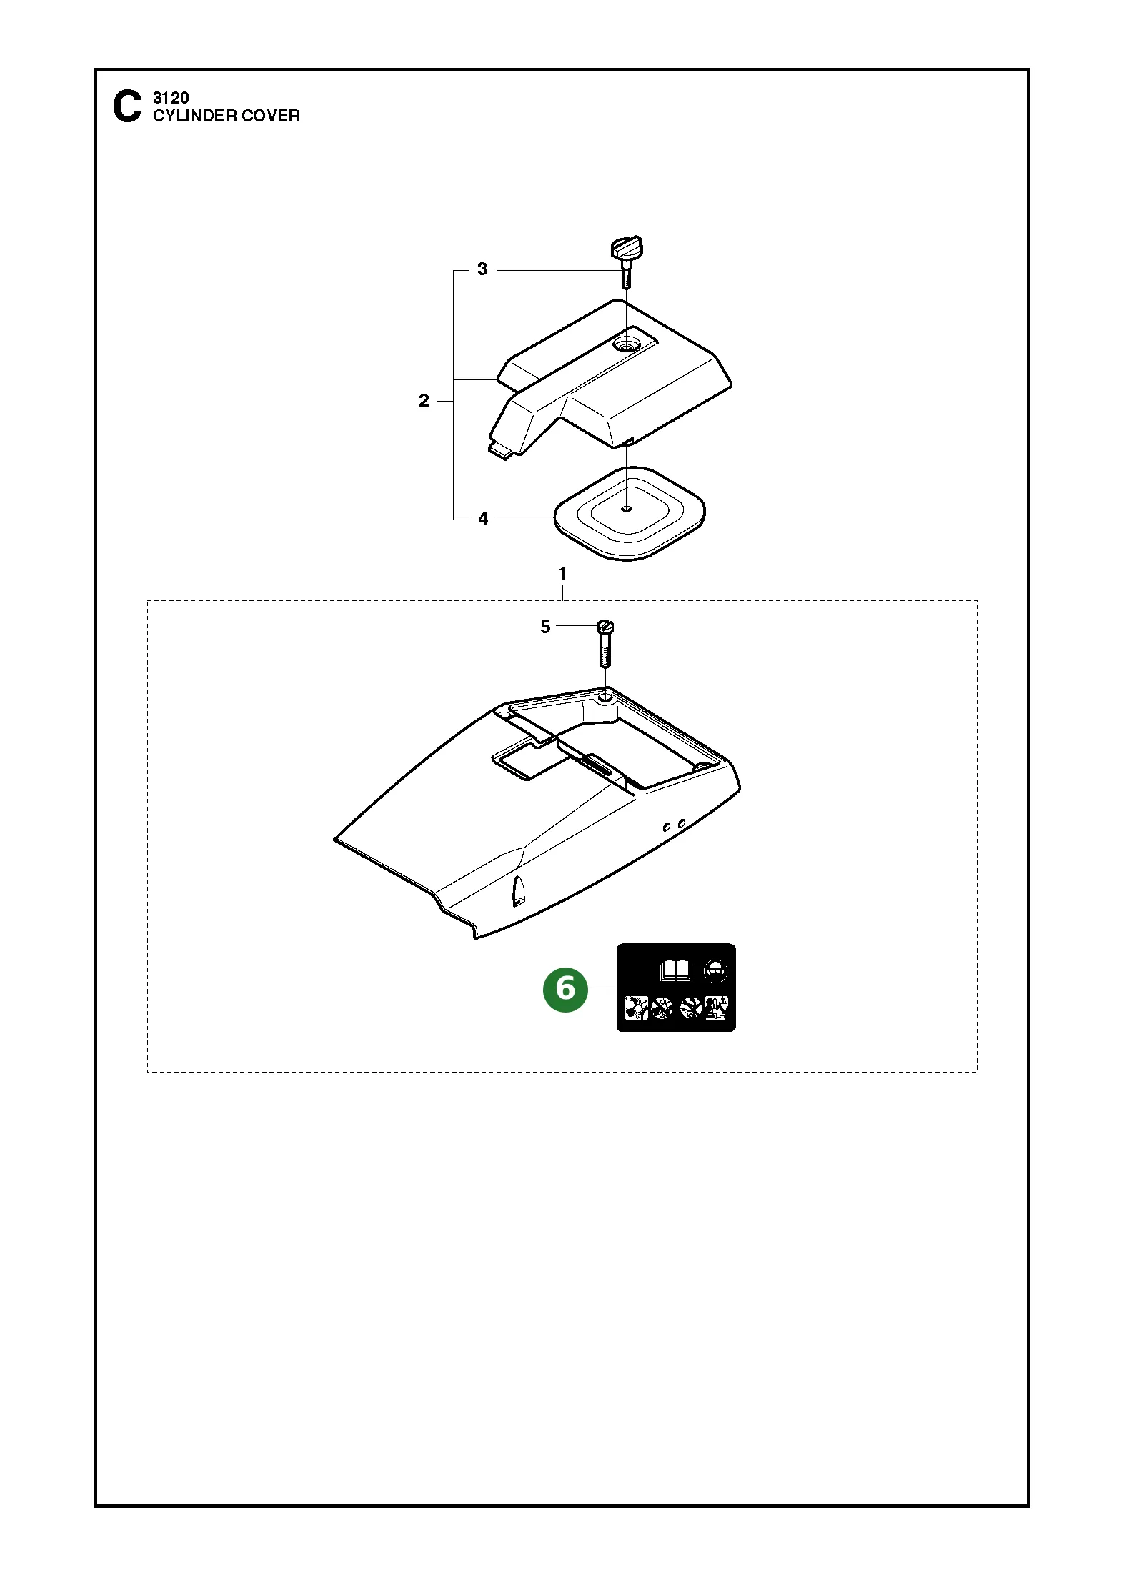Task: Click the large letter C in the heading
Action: pos(127,106)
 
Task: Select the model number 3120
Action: pos(171,98)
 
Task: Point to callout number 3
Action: pos(482,269)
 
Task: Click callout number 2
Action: pos(424,401)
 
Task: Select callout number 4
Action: pos(483,519)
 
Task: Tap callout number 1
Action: pos(562,573)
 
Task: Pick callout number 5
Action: pos(545,627)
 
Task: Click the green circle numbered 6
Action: pos(565,990)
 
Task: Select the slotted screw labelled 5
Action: pos(605,643)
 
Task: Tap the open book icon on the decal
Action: pos(675,970)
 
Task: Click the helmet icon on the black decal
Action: pos(716,971)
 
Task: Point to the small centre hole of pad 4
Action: pos(627,509)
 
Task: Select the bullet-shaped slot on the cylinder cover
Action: pos(518,890)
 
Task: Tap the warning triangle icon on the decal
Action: pos(723,1000)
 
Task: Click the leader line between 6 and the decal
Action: pos(602,988)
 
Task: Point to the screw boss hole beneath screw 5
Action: pos(605,695)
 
